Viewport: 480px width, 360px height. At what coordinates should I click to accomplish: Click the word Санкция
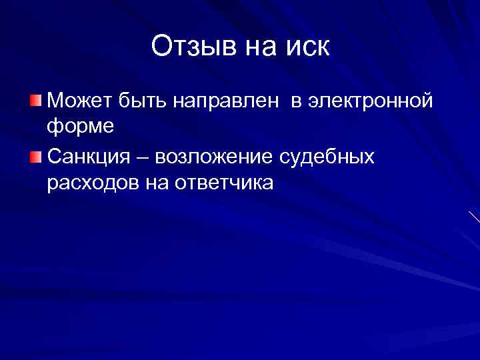point(93,157)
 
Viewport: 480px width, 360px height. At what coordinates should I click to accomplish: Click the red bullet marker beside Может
point(35,101)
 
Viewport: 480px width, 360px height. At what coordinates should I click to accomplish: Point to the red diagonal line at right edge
point(474,217)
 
